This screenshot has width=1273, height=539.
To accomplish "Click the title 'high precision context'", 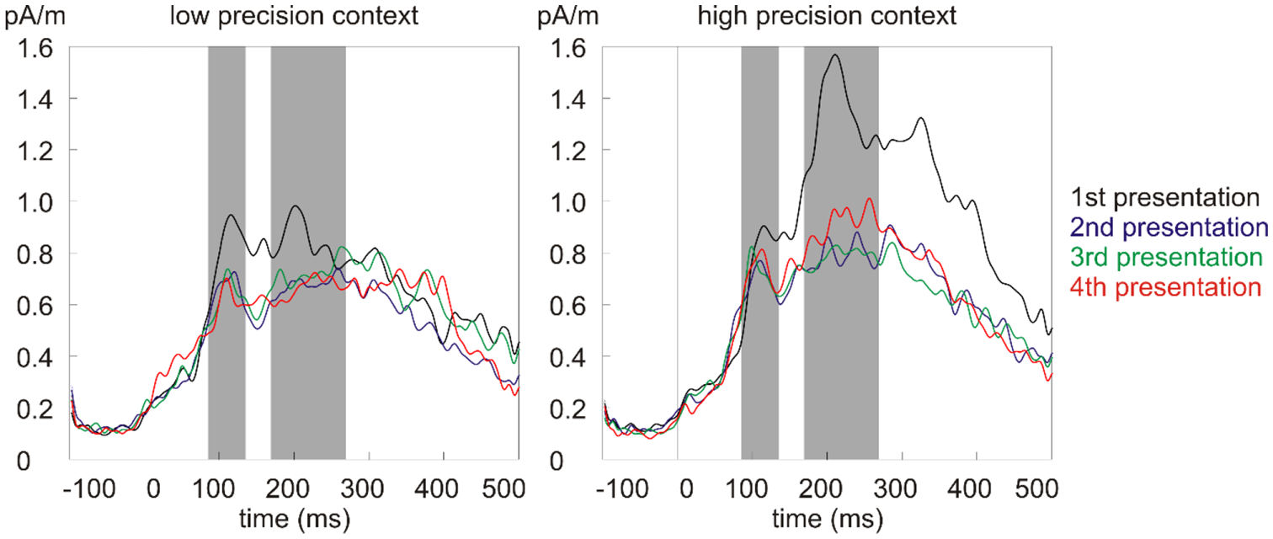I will pos(828,17).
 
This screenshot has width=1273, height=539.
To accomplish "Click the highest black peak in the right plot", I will pos(835,56).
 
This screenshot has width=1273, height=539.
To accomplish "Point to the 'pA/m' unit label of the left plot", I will pos(30,17).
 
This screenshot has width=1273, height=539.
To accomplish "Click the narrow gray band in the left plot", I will pos(226,253).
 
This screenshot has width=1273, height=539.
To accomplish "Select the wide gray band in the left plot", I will pos(308,253).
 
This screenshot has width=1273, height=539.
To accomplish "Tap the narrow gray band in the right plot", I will pos(759,253).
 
